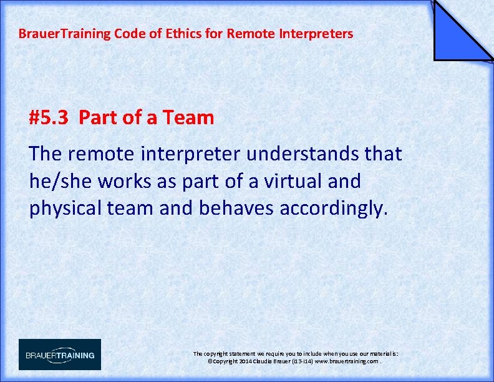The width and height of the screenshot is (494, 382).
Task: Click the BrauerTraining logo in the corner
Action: tap(60, 355)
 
